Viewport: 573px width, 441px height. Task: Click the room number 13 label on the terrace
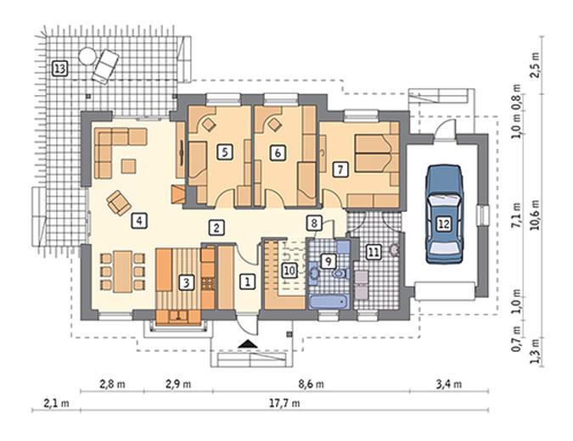tap(60, 68)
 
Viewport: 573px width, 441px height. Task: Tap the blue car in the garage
tap(444, 215)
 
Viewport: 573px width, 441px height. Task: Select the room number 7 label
tap(340, 170)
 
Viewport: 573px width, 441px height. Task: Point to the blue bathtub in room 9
tap(329, 302)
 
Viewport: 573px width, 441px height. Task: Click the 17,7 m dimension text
tap(284, 403)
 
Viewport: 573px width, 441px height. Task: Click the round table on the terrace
tap(87, 56)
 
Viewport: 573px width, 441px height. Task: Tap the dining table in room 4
tap(122, 271)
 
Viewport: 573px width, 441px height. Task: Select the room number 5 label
tap(224, 152)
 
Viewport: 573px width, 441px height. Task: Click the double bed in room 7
tap(373, 154)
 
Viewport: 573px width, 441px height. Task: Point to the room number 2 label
tap(216, 228)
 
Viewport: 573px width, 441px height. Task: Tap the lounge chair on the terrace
tap(105, 67)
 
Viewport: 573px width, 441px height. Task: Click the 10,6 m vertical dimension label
tap(535, 215)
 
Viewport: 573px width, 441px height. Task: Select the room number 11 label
tap(374, 252)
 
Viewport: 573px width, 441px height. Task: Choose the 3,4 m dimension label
tap(449, 384)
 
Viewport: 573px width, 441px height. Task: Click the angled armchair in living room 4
tap(119, 203)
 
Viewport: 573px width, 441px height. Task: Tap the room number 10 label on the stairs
tap(289, 271)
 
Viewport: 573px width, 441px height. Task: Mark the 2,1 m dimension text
tap(56, 403)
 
